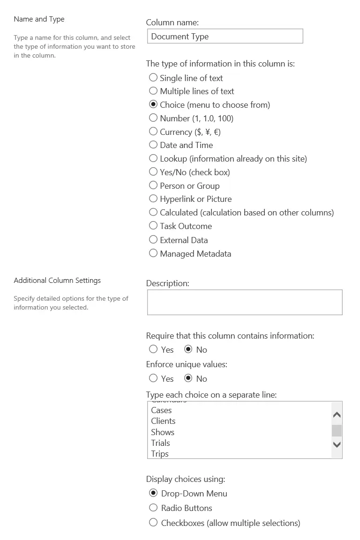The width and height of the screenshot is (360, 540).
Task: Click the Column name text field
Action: click(225, 37)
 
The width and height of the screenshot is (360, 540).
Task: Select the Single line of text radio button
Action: click(153, 78)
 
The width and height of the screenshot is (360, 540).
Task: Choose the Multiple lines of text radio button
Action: click(153, 91)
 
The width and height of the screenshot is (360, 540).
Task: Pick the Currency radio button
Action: click(153, 132)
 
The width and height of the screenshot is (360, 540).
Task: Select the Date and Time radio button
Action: click(153, 145)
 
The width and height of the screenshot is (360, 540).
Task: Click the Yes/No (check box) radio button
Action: click(153, 172)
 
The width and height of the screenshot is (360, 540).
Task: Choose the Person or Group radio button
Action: click(153, 185)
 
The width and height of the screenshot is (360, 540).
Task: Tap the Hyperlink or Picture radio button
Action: click(153, 199)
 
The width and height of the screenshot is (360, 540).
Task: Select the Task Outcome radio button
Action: click(153, 226)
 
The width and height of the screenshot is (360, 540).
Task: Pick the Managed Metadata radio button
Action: click(153, 253)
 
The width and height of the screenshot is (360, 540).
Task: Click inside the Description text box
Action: click(245, 302)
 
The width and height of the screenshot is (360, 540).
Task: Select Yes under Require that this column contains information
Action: click(153, 349)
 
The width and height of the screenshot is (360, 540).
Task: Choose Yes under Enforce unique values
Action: click(153, 378)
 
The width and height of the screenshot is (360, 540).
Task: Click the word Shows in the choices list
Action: click(163, 432)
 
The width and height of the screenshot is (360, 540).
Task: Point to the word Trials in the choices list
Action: click(160, 443)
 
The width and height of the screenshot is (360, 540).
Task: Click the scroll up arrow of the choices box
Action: click(337, 415)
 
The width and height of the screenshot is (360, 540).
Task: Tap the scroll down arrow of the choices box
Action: click(337, 444)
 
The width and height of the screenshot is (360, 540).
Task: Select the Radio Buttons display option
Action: click(153, 508)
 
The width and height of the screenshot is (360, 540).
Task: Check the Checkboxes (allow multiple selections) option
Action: click(153, 523)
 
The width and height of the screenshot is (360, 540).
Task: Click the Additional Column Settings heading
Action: click(57, 281)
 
